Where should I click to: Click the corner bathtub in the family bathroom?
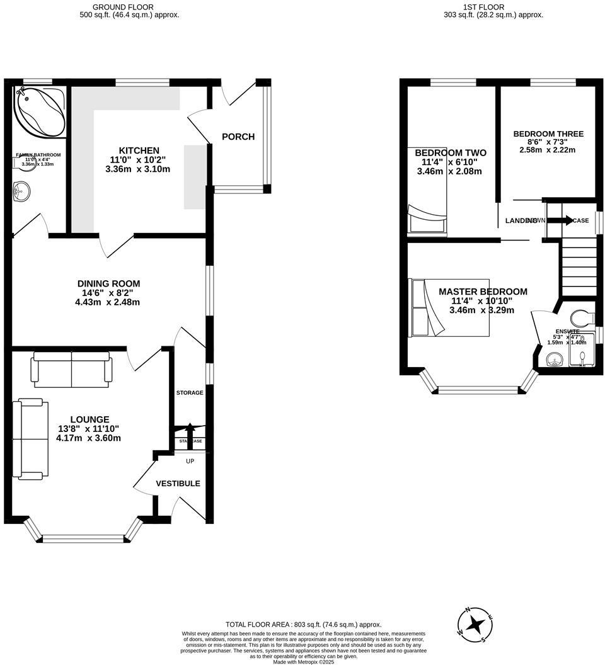pos(40,111)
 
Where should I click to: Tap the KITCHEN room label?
pos(139,151)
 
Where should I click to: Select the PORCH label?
pos(238,137)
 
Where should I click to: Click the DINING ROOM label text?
pos(108,283)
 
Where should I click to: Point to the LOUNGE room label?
pos(89,419)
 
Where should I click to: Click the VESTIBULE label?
pos(178,484)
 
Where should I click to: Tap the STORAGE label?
pos(190,393)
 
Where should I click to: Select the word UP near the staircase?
pos(190,462)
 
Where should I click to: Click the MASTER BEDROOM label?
pos(483,292)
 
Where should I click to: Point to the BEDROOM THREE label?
pos(548,134)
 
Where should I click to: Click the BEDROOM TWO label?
pos(450,152)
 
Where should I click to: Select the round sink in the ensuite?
pos(553,360)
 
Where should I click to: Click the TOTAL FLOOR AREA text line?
pos(303,625)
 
